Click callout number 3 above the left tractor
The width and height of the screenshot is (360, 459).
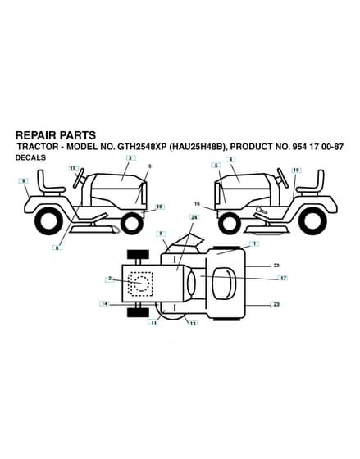(x=131, y=158)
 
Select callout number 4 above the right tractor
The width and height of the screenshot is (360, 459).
(x=230, y=160)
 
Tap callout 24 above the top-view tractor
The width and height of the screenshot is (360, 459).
(x=194, y=217)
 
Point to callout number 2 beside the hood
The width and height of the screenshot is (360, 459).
(x=110, y=279)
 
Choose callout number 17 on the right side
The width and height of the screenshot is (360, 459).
(x=283, y=279)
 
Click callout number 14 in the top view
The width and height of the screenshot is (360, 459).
(x=104, y=303)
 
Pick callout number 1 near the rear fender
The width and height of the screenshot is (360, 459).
(x=254, y=243)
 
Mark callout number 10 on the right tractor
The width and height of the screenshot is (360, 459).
(x=296, y=170)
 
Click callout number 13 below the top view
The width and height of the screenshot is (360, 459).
(x=193, y=323)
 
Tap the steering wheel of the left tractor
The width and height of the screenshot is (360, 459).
(x=79, y=178)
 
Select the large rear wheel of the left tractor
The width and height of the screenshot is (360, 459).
(x=48, y=220)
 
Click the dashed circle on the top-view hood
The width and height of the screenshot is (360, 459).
(x=141, y=283)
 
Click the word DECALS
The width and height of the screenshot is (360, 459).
(x=30, y=157)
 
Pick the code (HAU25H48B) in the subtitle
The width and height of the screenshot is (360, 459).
(x=198, y=147)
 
